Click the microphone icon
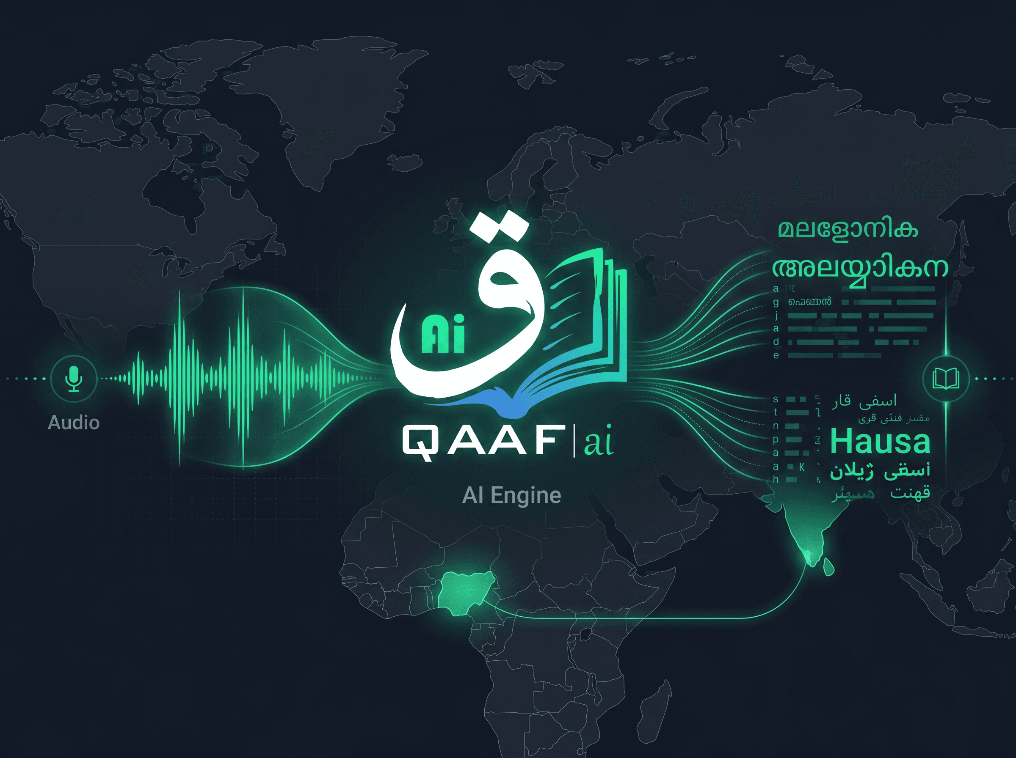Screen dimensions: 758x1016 [x=74, y=379]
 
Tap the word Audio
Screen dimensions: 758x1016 [x=74, y=423]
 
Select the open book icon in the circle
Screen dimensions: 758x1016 [x=946, y=379]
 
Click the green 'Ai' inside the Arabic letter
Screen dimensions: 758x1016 [x=443, y=335]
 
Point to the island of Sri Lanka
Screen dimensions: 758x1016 [x=829, y=567]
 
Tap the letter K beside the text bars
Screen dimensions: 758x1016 [x=802, y=467]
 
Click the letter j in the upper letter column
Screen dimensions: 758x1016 [x=776, y=315]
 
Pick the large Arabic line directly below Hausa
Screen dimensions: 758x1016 [x=880, y=471]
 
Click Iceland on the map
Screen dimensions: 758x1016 [x=404, y=162]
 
